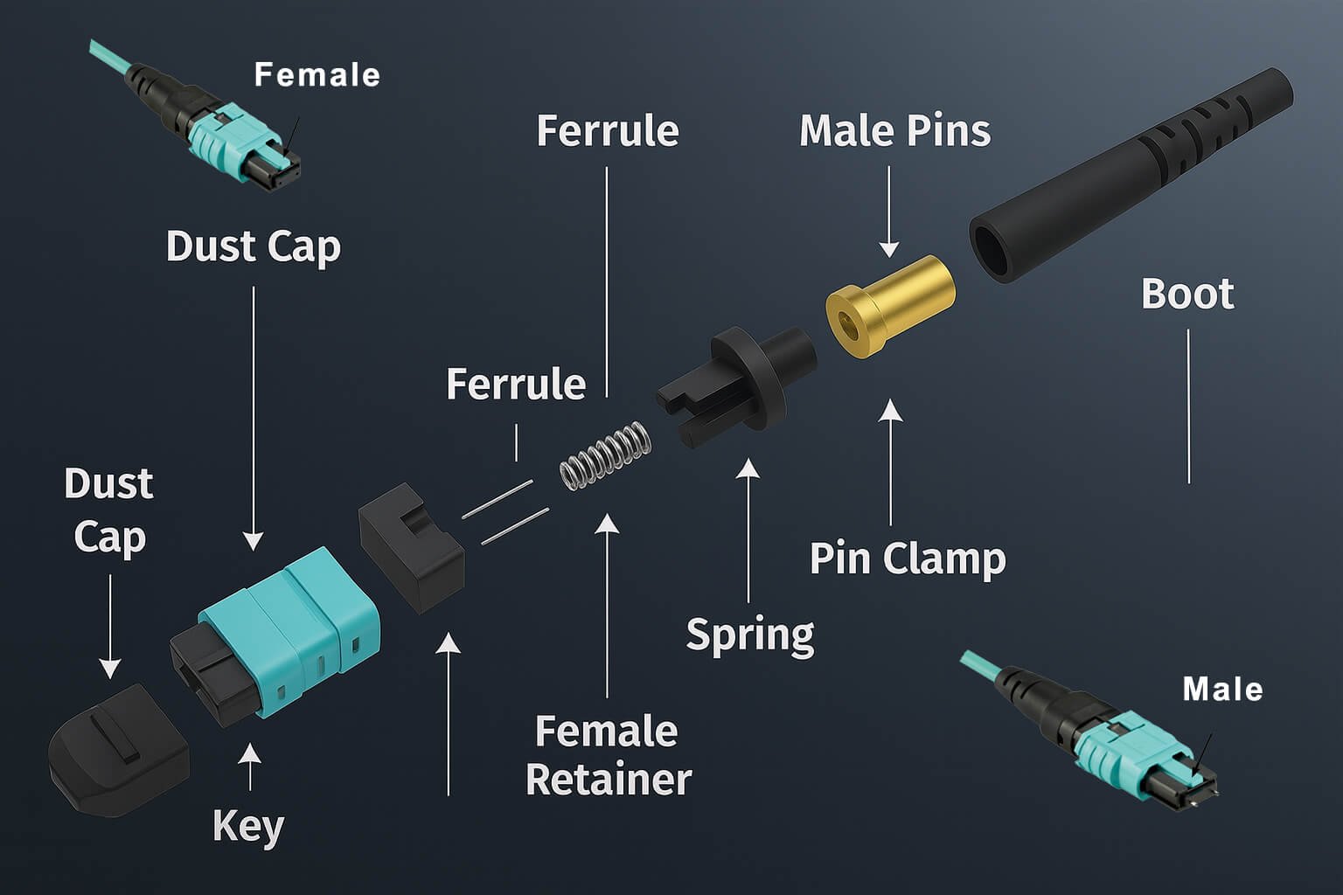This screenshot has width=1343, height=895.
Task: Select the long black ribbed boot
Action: pyautogui.click(x=1137, y=175)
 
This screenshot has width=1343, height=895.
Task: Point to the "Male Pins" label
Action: pyautogui.click(x=894, y=131)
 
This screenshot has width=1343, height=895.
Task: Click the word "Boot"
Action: pyautogui.click(x=1186, y=295)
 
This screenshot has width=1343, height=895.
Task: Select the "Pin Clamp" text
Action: pyautogui.click(x=907, y=559)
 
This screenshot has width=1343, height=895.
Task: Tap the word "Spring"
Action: pyautogui.click(x=749, y=635)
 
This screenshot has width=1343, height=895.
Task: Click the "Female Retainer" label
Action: pyautogui.click(x=608, y=755)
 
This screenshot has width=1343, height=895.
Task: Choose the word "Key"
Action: pyautogui.click(x=248, y=826)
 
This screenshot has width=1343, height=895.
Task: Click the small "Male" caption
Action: pyautogui.click(x=1222, y=690)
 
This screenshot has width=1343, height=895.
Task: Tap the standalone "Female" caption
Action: pyautogui.click(x=317, y=75)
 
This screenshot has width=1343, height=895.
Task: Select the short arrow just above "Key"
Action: pyautogui.click(x=250, y=767)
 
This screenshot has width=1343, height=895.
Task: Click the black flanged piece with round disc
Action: pyautogui.click(x=743, y=376)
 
